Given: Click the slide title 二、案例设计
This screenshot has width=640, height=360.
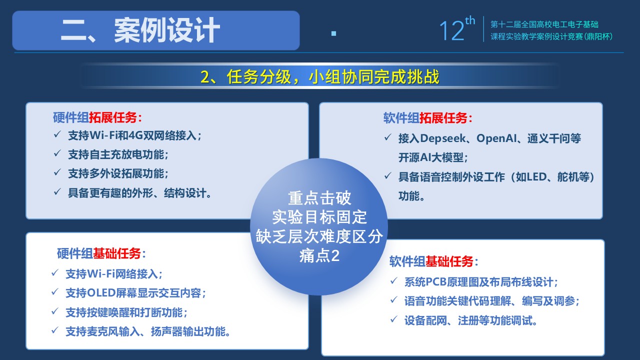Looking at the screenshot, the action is [140, 30].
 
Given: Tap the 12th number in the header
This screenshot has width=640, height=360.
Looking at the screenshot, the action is [457, 28].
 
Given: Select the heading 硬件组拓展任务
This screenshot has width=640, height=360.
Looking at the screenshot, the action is [97, 117].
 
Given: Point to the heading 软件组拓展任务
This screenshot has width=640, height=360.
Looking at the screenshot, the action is [427, 118].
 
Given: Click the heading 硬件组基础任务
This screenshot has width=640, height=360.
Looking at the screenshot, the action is [101, 253].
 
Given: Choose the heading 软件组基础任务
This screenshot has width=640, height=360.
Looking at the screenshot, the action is [433, 261].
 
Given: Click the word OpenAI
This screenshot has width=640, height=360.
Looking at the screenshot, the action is [496, 138].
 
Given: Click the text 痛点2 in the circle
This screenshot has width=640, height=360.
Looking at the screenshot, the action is [319, 255].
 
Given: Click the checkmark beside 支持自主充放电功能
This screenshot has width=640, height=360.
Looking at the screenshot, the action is [57, 153].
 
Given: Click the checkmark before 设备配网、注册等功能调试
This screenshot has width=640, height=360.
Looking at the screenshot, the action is [393, 319].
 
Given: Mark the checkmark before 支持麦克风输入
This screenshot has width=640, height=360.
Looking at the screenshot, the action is [55, 330].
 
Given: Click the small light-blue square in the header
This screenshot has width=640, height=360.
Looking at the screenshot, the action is [333, 33].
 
